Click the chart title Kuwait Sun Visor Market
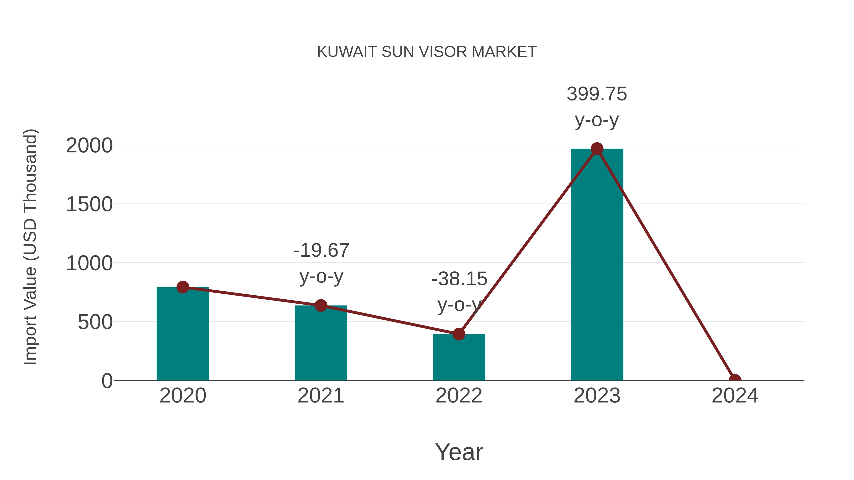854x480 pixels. point(427,52)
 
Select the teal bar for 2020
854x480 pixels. point(183,334)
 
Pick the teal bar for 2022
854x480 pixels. point(459,358)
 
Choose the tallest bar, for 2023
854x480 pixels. point(597,265)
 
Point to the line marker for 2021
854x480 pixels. point(320,306)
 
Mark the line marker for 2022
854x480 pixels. point(459,334)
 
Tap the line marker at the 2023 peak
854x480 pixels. point(597,149)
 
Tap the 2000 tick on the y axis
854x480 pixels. point(89,146)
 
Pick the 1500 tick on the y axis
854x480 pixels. point(89,204)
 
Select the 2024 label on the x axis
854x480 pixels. point(735,396)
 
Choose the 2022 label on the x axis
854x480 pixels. point(459,396)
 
